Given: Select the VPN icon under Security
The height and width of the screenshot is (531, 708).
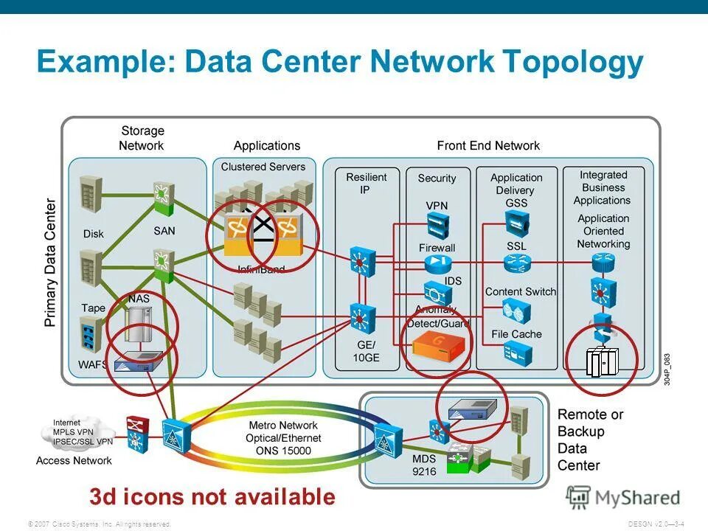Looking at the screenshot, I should pos(437,223).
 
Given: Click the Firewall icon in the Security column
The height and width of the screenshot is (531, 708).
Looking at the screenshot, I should pos(437,263).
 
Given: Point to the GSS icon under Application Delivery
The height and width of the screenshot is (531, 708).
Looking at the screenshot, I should pos(516,221).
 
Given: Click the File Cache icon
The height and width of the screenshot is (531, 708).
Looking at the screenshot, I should pos(516,355).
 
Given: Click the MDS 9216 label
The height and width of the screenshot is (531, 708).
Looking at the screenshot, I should pos(403,465).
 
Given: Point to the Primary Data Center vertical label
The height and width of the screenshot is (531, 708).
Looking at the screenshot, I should pos(50,263).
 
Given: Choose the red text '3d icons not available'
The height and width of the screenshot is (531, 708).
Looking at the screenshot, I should pos(212,496).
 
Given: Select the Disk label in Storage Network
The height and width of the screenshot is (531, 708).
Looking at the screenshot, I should pos(94,234).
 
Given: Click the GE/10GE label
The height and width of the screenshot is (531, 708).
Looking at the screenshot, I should pos(366,351).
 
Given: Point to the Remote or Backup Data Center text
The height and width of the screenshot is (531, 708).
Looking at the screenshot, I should pos(590,440).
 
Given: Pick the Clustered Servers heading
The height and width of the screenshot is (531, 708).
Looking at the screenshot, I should pos(263,167).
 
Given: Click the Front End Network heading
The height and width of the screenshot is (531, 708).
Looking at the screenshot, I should pos(488,145).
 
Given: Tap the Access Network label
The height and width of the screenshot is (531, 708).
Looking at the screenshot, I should pos(74,461).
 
